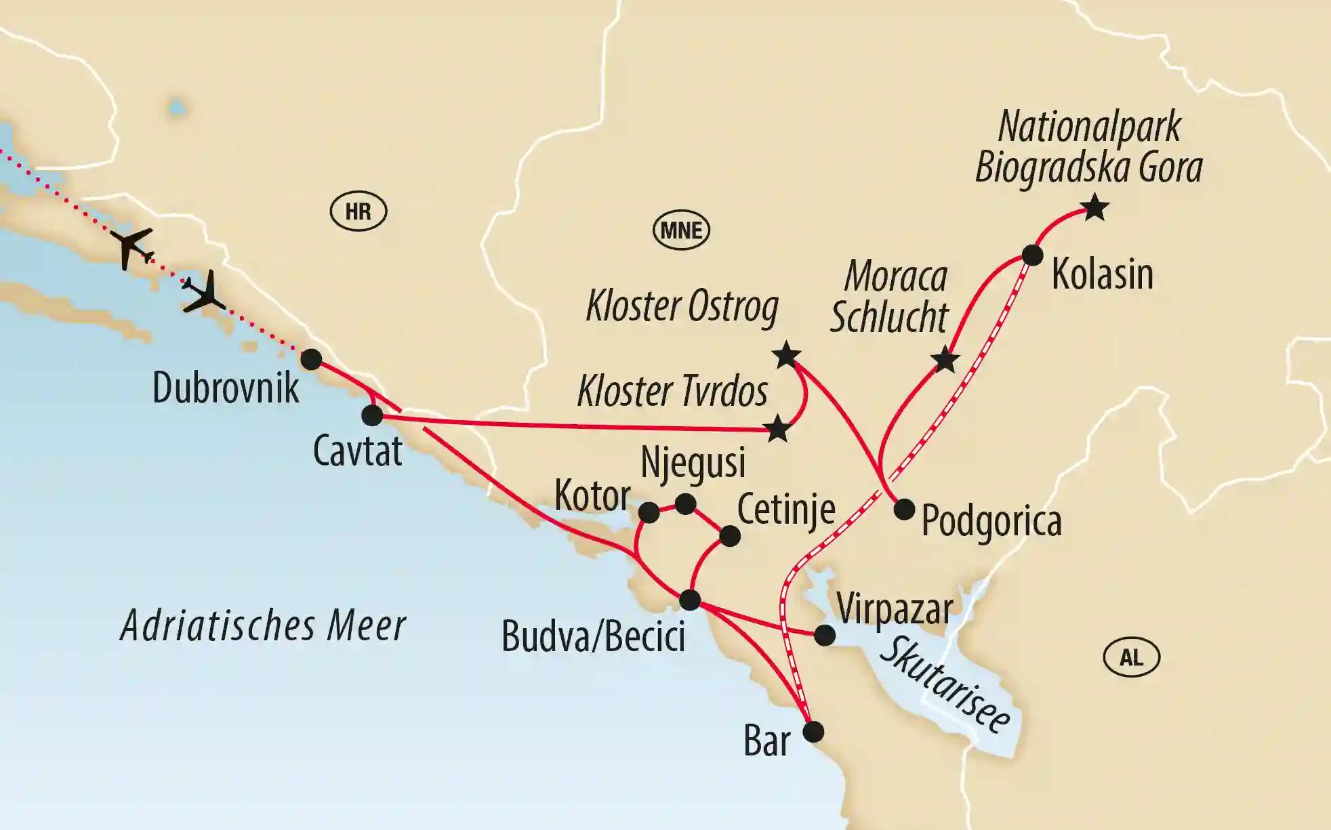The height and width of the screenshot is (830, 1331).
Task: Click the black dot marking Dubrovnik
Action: click(311, 359)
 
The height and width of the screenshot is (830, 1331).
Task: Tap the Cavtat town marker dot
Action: click(372, 415)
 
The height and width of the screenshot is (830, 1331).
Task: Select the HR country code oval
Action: click(359, 212)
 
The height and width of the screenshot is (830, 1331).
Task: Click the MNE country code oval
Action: click(681, 230)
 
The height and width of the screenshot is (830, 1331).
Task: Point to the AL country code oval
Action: click(1131, 657)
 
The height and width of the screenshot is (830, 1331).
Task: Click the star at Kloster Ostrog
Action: click(787, 355)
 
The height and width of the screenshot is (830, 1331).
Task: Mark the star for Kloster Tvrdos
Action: click(777, 429)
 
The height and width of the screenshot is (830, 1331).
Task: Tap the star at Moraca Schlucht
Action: click(945, 360)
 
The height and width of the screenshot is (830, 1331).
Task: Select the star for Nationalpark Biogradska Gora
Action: click(1095, 207)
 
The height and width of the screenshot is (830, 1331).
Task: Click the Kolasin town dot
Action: click(1032, 255)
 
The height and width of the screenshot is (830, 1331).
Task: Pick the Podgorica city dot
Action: click(904, 510)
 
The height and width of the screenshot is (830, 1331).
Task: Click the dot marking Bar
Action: click(813, 732)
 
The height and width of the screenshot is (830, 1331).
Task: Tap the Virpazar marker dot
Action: click(824, 635)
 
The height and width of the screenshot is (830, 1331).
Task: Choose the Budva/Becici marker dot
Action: click(690, 600)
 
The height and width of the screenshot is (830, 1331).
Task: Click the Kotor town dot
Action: click(649, 512)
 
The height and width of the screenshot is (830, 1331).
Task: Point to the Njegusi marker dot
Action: click(686, 503)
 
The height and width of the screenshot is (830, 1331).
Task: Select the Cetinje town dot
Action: click(729, 536)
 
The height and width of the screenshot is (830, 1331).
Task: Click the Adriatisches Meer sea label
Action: click(263, 625)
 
